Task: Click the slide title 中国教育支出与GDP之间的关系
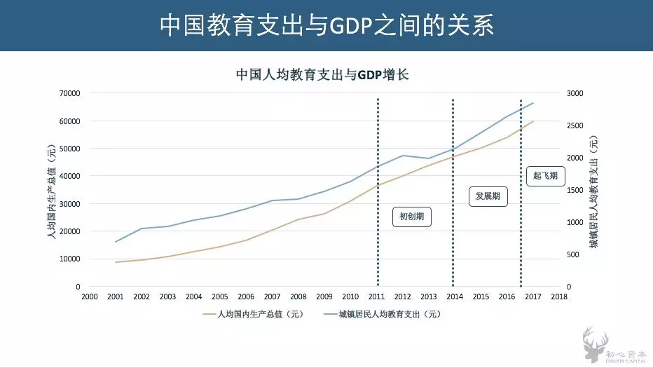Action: (x=326, y=25)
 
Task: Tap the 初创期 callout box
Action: (x=411, y=217)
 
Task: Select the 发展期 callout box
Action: (x=488, y=196)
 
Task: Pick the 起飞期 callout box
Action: (x=545, y=175)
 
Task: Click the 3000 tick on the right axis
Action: (x=574, y=93)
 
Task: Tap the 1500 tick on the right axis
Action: (x=574, y=190)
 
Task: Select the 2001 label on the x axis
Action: (x=116, y=297)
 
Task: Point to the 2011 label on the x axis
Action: (x=377, y=297)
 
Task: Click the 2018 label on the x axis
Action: (x=559, y=297)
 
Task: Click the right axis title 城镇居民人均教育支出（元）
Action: (x=593, y=189)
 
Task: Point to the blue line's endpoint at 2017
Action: (x=533, y=103)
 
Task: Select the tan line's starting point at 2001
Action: (x=116, y=262)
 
